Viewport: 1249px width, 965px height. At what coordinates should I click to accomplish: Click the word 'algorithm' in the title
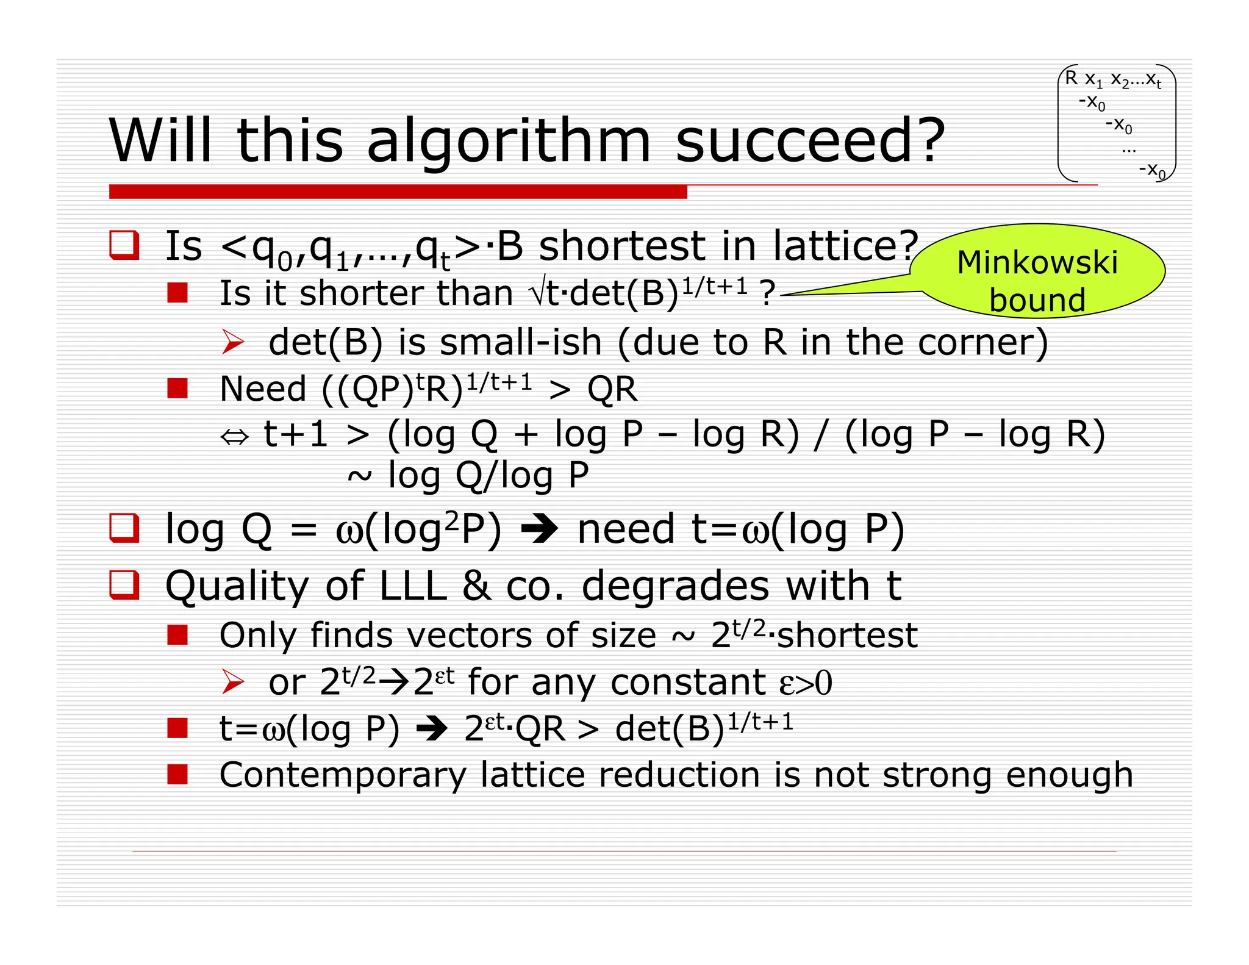(509, 142)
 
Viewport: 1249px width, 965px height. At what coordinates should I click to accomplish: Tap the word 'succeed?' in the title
(810, 142)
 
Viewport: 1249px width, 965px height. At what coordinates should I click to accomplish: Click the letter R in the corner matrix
(1071, 78)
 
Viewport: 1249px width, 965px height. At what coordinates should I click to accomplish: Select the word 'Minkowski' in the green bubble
(1037, 263)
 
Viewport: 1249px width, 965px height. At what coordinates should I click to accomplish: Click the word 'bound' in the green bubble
(1037, 300)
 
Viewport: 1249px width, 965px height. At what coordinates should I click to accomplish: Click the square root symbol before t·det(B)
(537, 293)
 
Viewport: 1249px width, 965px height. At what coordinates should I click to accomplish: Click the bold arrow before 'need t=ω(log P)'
(539, 529)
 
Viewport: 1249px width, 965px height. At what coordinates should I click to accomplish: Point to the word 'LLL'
(413, 586)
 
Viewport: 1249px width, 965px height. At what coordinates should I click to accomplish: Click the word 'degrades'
(675, 586)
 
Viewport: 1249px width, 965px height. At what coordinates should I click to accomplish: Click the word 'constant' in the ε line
(687, 683)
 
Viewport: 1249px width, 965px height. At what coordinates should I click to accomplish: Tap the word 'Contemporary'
(342, 775)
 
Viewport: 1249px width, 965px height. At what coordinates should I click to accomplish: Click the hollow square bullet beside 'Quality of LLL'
(124, 584)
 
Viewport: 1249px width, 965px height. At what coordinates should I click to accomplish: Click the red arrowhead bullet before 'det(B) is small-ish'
(233, 342)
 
